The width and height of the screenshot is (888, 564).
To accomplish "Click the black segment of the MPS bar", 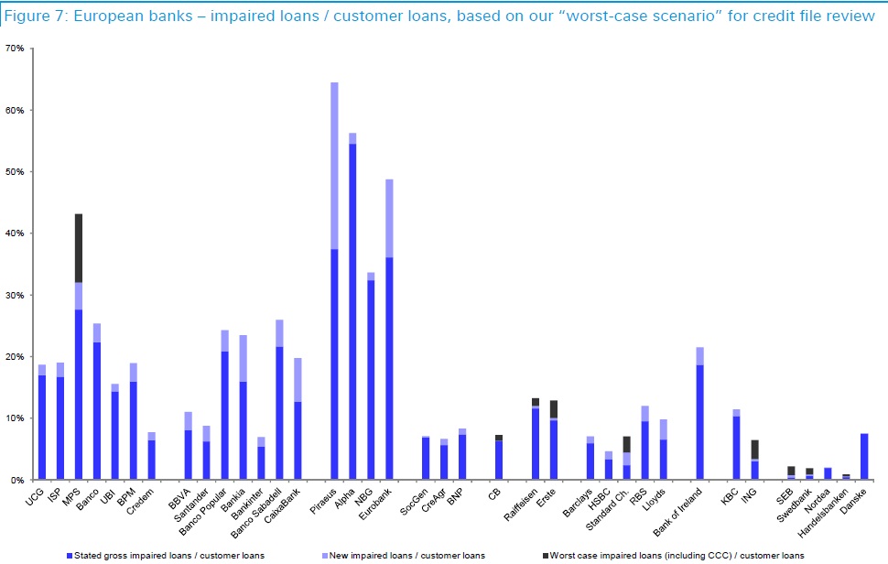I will [79, 247].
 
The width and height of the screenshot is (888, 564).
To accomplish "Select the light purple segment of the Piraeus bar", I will [334, 166].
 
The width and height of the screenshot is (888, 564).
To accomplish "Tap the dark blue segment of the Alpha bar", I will [352, 311].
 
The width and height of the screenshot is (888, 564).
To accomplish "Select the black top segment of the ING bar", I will [754, 450].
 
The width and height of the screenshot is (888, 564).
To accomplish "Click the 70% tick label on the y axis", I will [15, 49].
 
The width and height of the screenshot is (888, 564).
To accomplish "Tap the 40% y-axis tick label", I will [15, 233].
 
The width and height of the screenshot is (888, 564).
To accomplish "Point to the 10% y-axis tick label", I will [15, 418].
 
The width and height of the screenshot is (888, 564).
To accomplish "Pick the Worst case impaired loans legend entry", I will [677, 555].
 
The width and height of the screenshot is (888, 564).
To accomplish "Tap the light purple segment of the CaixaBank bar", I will [298, 379].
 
